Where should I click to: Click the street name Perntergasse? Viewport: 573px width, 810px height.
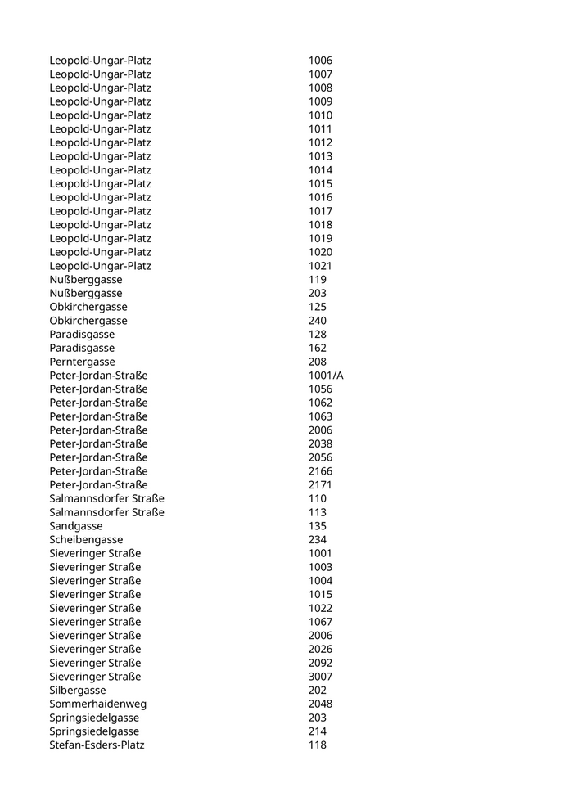(82, 362)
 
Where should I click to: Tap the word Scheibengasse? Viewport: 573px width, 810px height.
(86, 540)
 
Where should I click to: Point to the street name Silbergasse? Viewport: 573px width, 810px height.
(78, 691)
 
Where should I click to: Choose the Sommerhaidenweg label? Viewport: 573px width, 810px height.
(97, 704)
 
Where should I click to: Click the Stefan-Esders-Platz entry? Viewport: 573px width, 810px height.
(97, 745)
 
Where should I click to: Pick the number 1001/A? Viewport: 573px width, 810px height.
(326, 376)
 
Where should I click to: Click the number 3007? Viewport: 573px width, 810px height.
(320, 677)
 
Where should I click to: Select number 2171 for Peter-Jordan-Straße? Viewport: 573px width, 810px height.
(320, 485)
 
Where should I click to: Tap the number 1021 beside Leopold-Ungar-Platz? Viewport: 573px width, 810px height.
(320, 266)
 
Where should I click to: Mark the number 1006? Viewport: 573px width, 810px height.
(320, 61)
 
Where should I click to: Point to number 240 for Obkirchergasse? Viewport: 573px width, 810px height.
(317, 321)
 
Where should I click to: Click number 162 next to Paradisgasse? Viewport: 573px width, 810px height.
(317, 348)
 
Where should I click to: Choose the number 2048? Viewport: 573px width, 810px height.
(320, 704)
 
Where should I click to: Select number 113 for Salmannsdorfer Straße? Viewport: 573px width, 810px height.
(317, 512)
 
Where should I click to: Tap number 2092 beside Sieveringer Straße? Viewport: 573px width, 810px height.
(320, 663)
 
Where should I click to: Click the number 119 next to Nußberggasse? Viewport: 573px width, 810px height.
(317, 280)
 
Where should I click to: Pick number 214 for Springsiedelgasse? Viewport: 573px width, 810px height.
(317, 731)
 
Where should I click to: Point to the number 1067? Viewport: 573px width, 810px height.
(320, 622)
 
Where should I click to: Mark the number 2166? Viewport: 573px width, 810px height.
(320, 471)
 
